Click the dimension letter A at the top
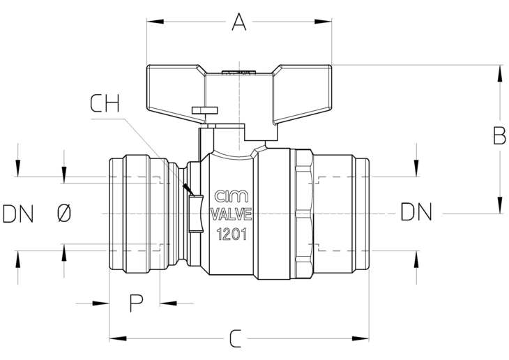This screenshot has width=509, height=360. coord(239,22)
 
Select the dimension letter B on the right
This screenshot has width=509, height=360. coord(499,135)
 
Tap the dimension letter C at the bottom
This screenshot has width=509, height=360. coord(236,338)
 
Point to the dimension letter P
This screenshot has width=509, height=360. coord(137,303)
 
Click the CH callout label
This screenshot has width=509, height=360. coord(105,103)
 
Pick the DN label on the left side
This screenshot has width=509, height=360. coord(18,213)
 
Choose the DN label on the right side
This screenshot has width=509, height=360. coord(416,211)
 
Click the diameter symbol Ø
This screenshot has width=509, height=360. coord(64,213)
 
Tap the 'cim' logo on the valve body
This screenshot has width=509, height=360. coord(231,197)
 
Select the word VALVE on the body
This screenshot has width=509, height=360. coord(231,214)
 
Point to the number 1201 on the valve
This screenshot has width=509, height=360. coord(231,234)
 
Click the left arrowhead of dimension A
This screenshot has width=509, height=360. coord(155,22)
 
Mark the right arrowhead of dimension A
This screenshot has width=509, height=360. coord(323,22)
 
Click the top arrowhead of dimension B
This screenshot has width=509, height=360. coord(499,73)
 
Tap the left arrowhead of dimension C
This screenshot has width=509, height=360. coord(118,338)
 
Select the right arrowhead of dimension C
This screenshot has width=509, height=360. coord(360,338)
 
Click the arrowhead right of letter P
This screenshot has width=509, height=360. coord(168,303)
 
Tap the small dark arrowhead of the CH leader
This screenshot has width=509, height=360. coord(188,190)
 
